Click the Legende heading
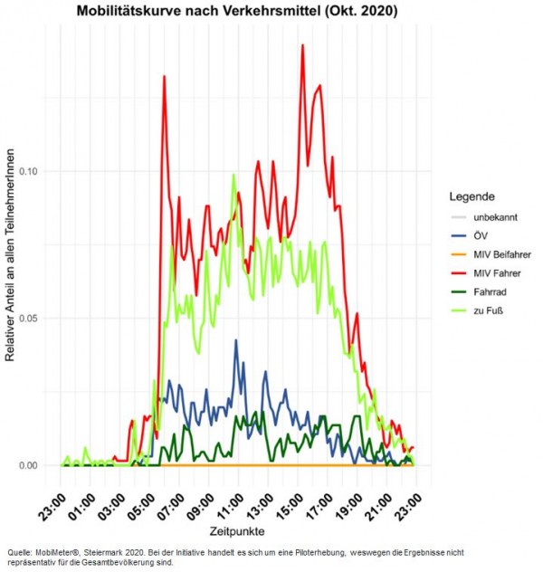(472, 195)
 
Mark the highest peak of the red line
(302, 45)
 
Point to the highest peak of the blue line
(236, 341)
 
